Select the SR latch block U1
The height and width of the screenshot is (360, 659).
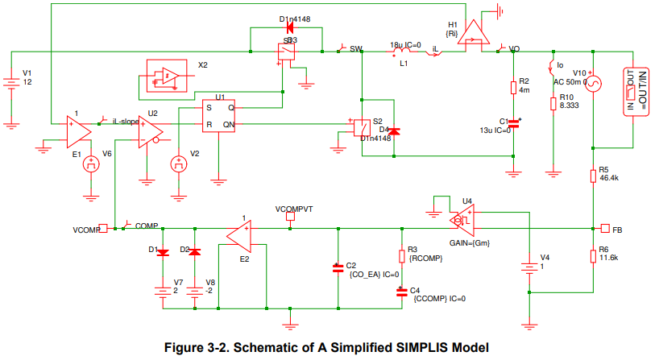pyautogui.click(x=219, y=116)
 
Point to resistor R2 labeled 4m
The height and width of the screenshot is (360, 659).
pyautogui.click(x=513, y=86)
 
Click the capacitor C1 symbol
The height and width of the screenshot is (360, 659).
pyautogui.click(x=513, y=123)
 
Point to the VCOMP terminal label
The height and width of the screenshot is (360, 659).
pyautogui.click(x=85, y=229)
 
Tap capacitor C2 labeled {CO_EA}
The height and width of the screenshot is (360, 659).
pyautogui.click(x=338, y=267)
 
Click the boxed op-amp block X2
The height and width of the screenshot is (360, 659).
pyautogui.click(x=164, y=77)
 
